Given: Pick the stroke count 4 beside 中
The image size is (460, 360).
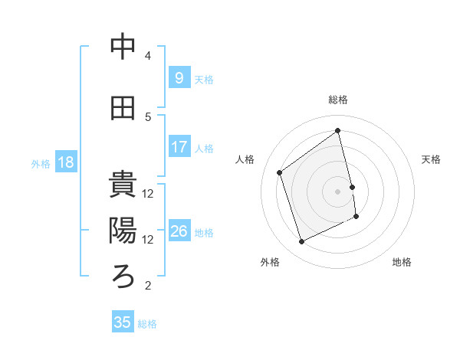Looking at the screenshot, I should tap(148, 56).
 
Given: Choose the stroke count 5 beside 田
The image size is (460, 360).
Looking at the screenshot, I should tap(148, 116).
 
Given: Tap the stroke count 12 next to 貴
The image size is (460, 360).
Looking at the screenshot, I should tap(148, 193).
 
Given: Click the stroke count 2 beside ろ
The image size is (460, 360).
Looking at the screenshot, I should tap(148, 286).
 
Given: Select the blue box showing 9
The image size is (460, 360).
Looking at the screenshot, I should tap(179, 78).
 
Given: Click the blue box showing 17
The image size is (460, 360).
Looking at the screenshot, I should tap(179, 147).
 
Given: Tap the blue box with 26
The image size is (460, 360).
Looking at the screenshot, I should tap(179, 231).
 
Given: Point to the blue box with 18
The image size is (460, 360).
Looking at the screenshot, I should tap(65, 162).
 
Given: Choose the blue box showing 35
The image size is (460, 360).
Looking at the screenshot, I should tap(123, 322).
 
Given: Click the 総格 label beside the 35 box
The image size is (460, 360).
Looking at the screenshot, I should tap(147, 324).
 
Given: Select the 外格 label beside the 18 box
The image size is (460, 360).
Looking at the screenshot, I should tap(41, 163).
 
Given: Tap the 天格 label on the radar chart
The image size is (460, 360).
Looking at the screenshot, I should tap(432, 159).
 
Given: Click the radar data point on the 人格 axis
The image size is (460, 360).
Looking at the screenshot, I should tap(279, 172).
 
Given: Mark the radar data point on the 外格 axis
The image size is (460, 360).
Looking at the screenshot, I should tap(301, 242).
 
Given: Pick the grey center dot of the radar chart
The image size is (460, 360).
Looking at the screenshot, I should tap(337, 191).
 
